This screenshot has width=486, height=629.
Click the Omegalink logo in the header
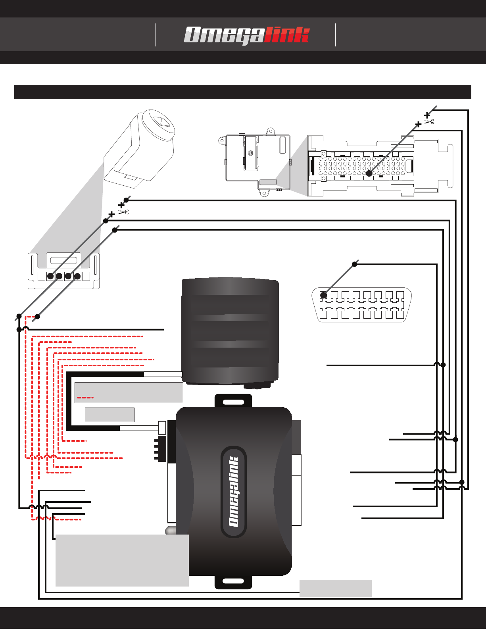[247, 35]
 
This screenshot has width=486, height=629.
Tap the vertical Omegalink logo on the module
[233, 492]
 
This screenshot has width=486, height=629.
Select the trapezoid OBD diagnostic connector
[361, 305]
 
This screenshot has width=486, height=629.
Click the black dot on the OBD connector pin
[323, 295]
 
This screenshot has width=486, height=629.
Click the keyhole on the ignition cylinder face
[162, 121]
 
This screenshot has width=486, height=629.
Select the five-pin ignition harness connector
[63, 271]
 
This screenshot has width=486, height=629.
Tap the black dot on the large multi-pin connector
[369, 173]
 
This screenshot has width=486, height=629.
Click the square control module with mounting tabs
[255, 162]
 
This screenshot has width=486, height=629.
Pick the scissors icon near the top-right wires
[429, 121]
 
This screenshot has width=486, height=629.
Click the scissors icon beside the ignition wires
[123, 212]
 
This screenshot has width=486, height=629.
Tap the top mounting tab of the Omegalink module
[233, 401]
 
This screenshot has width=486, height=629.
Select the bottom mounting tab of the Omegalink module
[233, 582]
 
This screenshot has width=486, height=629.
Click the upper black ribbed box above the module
[230, 331]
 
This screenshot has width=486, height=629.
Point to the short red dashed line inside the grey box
[85, 398]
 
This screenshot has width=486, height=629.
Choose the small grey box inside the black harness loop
[109, 415]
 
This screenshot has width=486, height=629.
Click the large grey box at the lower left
[122, 560]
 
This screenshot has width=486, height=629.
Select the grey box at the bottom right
[336, 589]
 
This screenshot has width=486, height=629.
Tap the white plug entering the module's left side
[162, 428]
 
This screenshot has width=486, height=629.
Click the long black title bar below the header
[243, 92]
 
